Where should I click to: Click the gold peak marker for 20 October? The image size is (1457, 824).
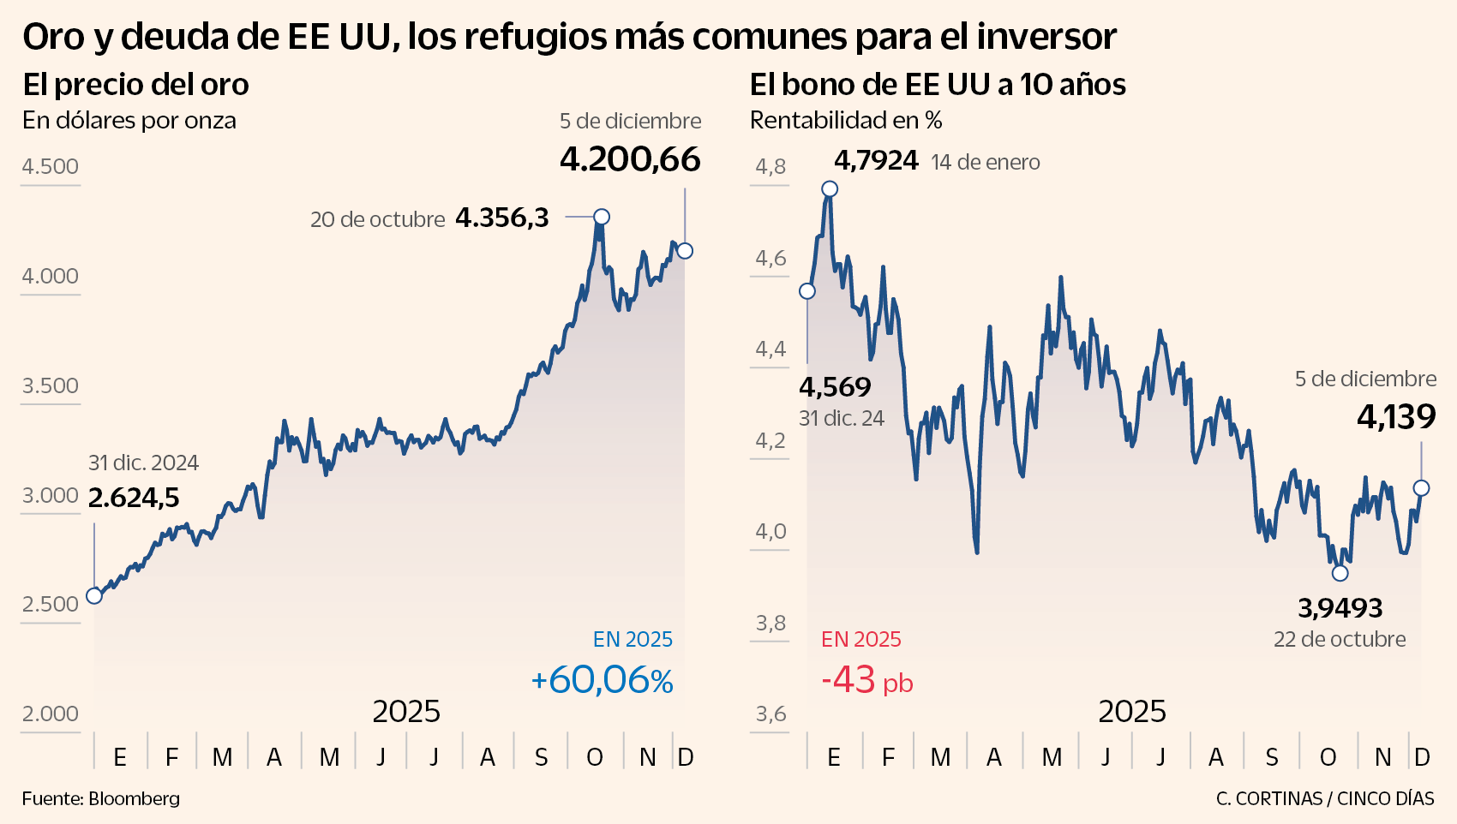(x=602, y=217)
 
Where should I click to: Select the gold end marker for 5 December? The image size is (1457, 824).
(x=685, y=251)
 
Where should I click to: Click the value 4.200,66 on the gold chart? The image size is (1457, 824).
(x=630, y=160)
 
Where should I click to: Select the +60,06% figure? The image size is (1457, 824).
(x=602, y=681)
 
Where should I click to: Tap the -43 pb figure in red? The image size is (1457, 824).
(x=866, y=681)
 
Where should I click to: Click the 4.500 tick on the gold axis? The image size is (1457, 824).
(x=50, y=166)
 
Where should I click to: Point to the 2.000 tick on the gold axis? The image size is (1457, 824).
(x=50, y=714)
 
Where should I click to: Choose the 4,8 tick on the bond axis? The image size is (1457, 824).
(x=770, y=166)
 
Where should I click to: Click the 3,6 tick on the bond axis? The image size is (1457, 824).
(x=770, y=714)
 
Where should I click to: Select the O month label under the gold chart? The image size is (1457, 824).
(x=595, y=757)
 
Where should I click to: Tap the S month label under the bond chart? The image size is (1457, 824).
(x=1272, y=757)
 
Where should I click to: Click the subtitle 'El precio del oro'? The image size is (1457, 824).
(x=135, y=85)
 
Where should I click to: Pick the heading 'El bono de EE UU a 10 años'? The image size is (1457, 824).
(x=938, y=85)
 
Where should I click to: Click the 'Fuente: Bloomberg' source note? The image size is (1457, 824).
(x=101, y=798)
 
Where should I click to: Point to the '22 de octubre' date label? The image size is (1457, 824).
(x=1340, y=639)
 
